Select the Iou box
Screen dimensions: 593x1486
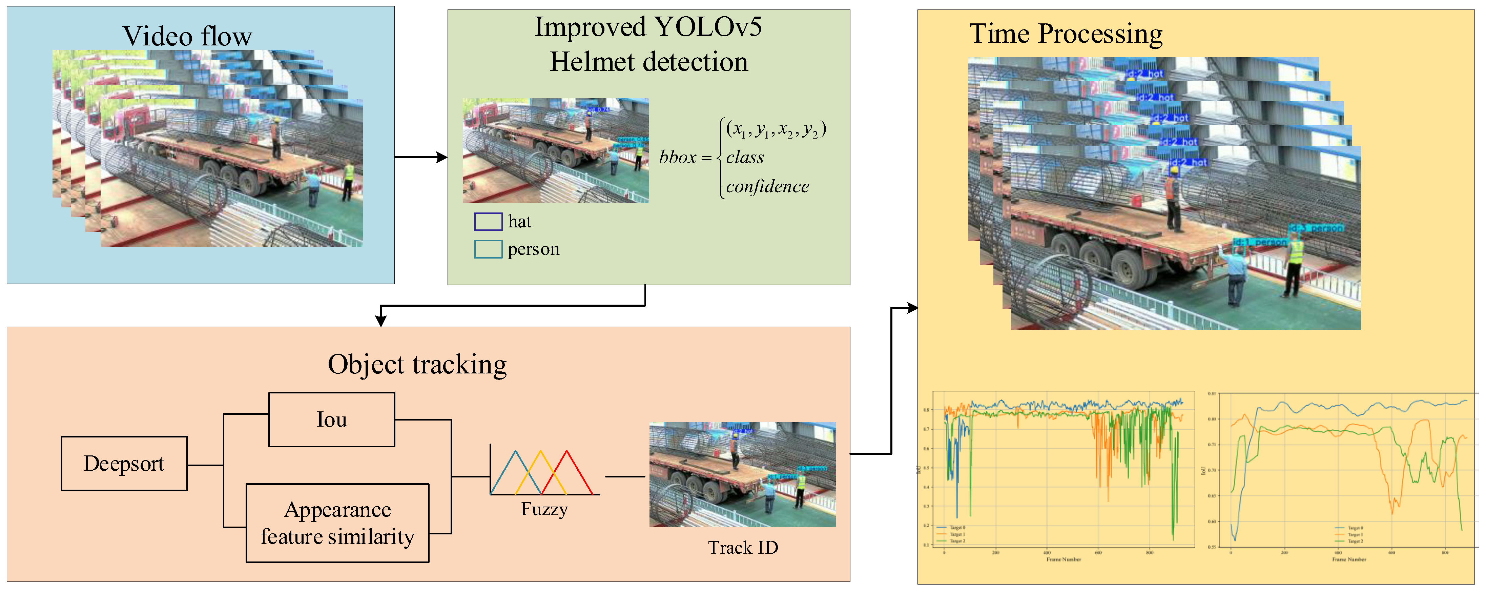332,420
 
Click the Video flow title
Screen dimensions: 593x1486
187,36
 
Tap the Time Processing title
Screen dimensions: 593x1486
1066,34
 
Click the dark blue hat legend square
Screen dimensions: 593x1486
488,222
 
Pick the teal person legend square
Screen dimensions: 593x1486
488,249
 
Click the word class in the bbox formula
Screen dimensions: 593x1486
745,158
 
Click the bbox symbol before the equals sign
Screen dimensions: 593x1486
678,158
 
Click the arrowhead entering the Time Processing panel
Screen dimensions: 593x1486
913,308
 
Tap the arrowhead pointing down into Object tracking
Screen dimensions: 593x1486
381,320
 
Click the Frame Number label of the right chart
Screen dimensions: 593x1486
1349,559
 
